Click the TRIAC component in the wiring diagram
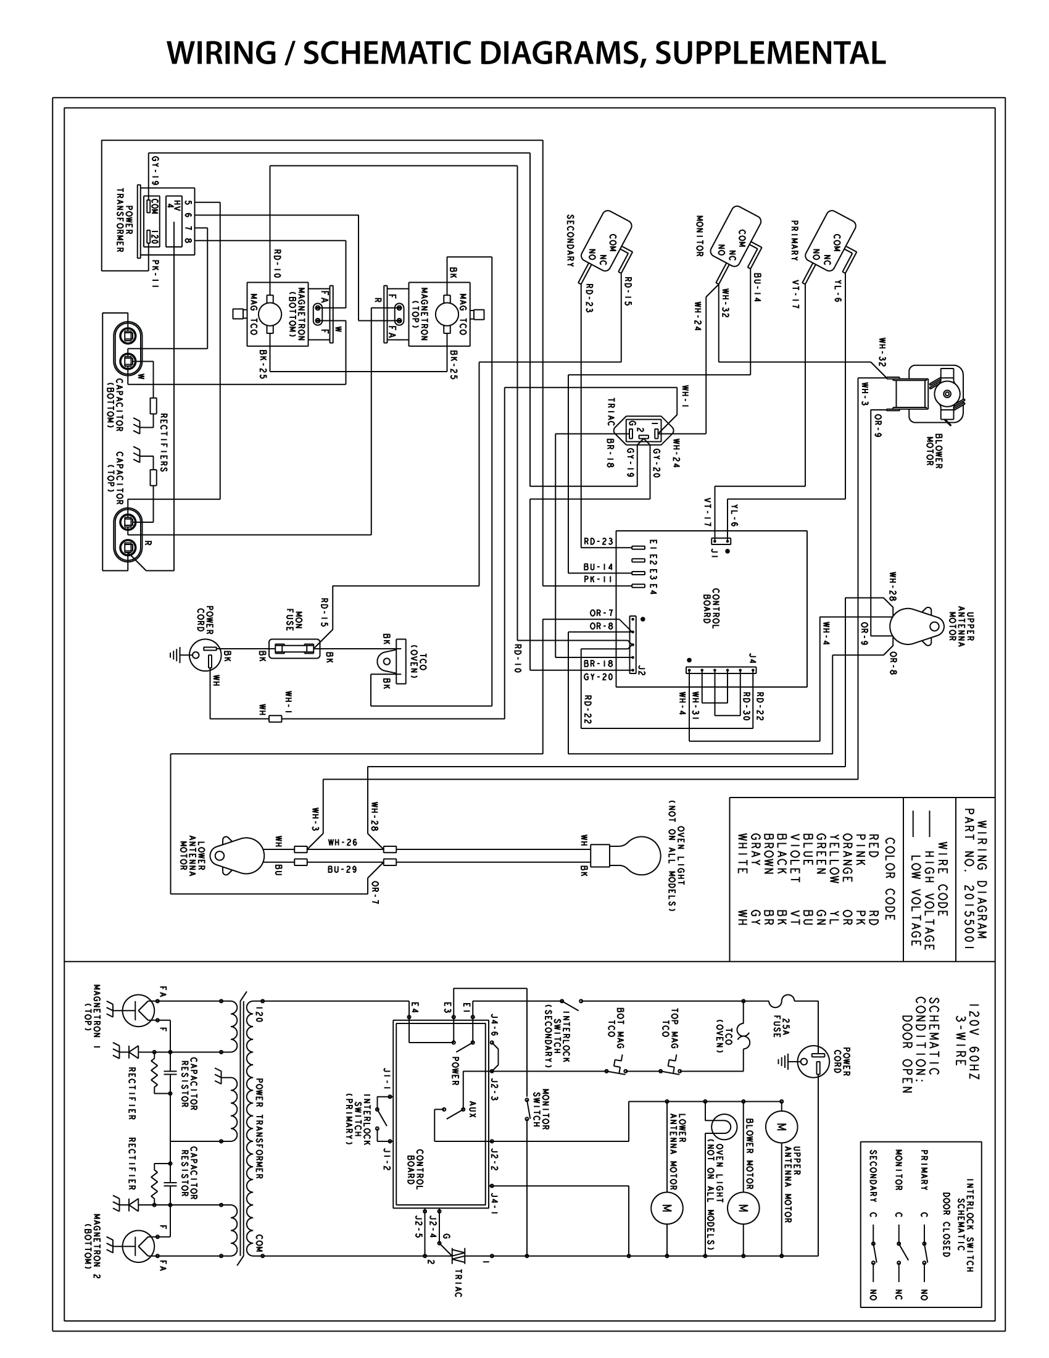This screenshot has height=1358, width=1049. [x=642, y=430]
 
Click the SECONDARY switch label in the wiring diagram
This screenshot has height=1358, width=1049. [x=570, y=241]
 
